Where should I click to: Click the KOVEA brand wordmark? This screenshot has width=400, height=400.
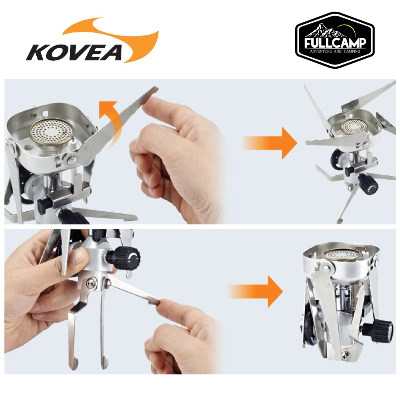tap(74, 53)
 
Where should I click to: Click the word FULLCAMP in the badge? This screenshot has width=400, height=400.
tap(335, 43)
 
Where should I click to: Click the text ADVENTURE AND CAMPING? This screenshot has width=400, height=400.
tap(335, 51)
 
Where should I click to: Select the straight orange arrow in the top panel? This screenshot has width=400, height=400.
tap(270, 143)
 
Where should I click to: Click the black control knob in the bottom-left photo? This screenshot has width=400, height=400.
tap(126, 257)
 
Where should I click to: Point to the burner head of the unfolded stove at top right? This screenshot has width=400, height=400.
tap(353, 126)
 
